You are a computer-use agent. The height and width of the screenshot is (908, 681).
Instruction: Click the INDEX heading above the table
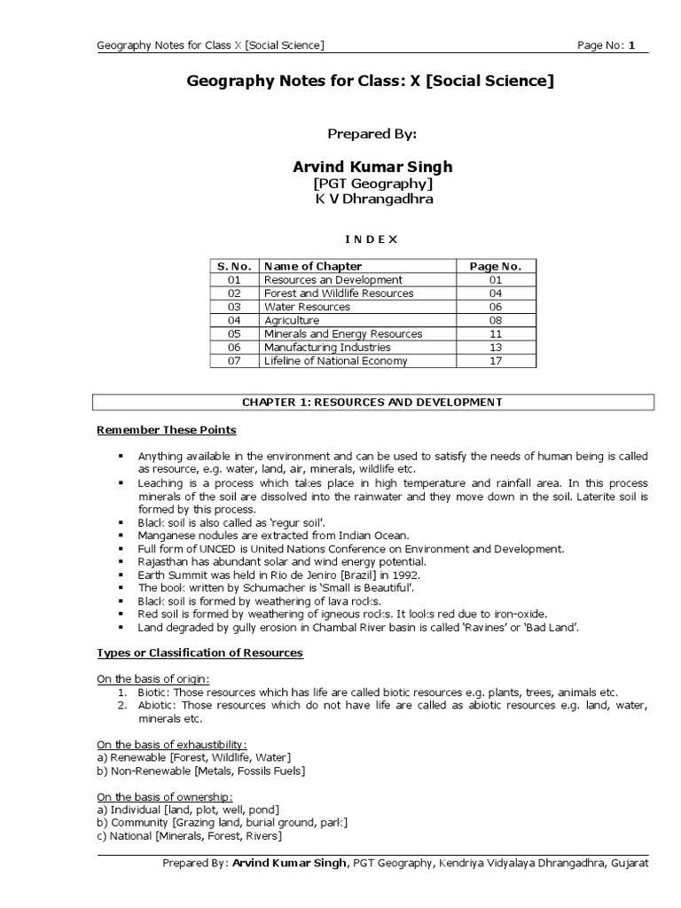372,239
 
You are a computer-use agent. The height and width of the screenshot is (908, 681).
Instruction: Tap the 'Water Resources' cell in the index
307,307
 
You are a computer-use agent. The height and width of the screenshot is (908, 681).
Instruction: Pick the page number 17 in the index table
496,361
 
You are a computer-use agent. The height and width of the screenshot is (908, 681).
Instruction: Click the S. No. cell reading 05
234,334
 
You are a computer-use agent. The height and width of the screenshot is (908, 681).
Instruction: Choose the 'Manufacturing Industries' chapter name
327,348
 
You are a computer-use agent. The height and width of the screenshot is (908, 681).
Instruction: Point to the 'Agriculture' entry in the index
292,320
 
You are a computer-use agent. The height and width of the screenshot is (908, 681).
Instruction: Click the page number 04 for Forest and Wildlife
496,294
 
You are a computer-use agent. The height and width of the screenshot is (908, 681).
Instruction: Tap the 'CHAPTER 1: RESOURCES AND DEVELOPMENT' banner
373,403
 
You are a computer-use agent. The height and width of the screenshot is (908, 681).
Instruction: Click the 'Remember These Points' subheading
167,431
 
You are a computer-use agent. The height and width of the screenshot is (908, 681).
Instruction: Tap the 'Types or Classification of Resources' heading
200,654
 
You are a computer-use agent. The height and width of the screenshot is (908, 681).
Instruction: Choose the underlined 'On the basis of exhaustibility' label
172,744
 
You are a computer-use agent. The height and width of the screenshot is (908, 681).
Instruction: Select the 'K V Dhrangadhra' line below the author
372,200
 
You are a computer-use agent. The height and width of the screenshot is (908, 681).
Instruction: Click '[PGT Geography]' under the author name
372,184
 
